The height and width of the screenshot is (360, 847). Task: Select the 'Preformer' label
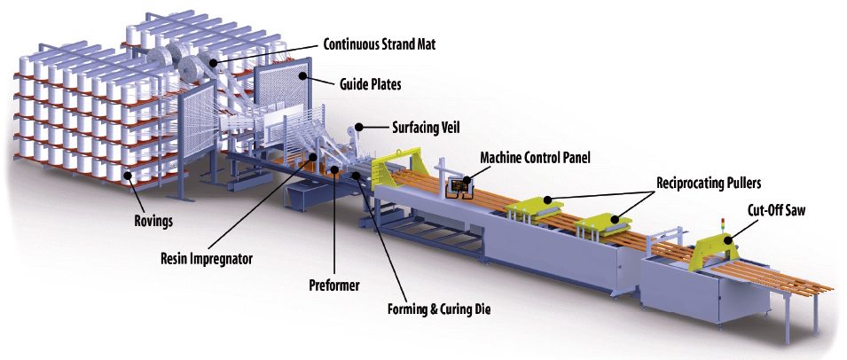[x=336, y=286]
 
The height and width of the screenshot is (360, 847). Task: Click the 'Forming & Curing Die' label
[x=439, y=309]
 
